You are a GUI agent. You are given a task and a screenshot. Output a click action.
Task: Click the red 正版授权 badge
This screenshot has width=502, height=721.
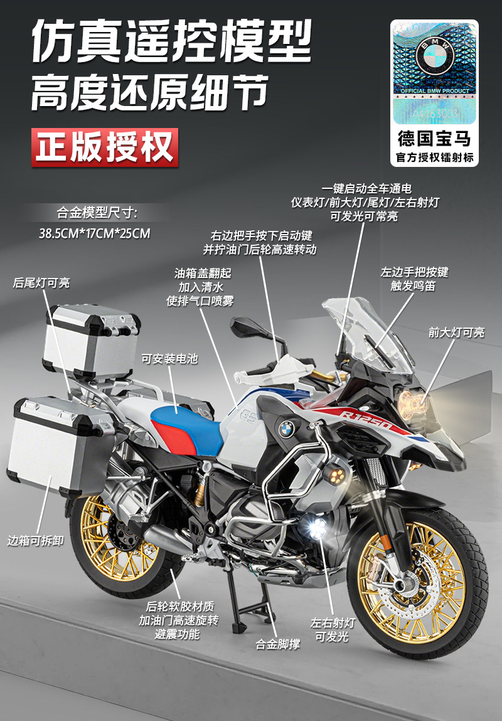(104, 147)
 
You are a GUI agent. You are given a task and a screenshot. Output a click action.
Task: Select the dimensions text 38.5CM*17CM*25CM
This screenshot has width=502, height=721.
(95, 234)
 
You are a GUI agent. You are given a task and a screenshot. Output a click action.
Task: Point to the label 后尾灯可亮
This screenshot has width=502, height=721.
(41, 283)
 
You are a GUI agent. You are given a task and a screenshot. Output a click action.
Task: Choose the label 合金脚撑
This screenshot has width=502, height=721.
(277, 644)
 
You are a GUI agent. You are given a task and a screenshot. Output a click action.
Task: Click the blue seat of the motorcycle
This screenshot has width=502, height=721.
(188, 427)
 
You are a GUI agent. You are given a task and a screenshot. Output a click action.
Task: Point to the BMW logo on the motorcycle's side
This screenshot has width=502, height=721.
(286, 429)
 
